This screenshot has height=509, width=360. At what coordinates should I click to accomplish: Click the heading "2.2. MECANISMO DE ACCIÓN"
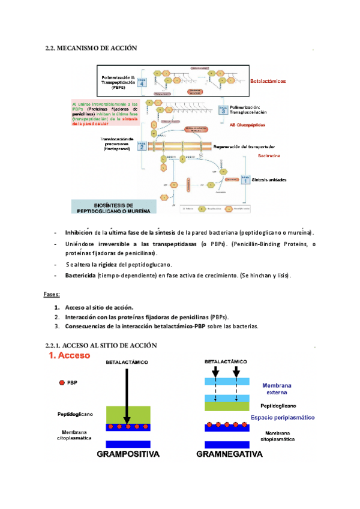[x=91, y=47]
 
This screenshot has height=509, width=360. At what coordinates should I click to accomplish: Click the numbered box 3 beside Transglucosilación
[x=223, y=110]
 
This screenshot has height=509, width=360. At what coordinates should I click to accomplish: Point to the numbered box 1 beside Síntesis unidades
[x=245, y=179]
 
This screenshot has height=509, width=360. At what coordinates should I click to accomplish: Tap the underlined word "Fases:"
[x=52, y=294]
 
